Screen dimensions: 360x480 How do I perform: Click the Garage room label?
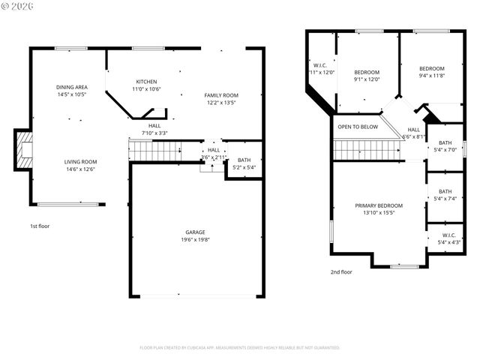[195, 232]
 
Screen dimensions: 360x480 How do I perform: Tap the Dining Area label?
[72, 87]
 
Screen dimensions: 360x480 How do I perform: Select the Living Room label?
[79, 162]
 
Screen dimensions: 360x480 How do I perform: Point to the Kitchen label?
[146, 82]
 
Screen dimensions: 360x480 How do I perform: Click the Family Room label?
[221, 95]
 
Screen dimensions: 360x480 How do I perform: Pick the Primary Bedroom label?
[379, 205]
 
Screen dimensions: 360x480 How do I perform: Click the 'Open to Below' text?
[358, 127]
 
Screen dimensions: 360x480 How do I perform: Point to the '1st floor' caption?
[40, 226]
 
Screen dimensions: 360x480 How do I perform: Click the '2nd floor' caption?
[341, 272]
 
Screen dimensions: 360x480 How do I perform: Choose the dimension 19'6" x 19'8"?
[195, 240]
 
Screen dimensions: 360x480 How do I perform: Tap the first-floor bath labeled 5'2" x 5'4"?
[244, 163]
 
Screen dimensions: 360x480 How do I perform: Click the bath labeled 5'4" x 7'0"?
[445, 146]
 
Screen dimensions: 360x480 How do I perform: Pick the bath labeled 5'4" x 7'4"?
[445, 195]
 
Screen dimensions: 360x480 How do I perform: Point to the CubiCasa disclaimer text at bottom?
[240, 348]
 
